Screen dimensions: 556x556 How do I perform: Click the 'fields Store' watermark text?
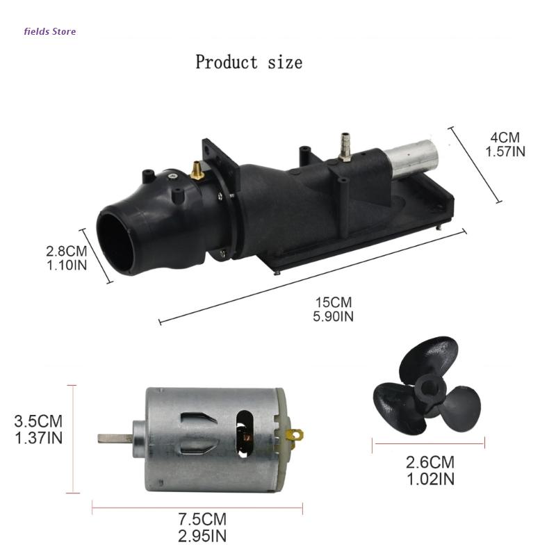pos(50,31)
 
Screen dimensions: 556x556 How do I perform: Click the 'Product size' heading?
pos(249,62)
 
